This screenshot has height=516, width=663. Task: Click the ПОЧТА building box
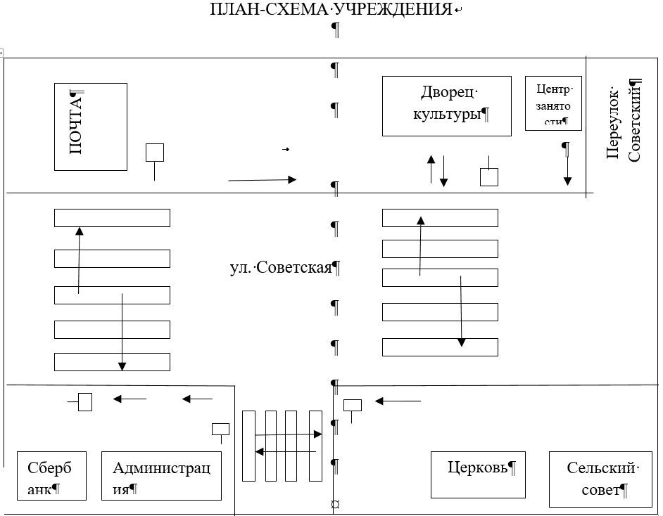(x=91, y=127)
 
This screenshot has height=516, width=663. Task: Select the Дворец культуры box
(x=446, y=106)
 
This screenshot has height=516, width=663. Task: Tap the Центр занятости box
(x=553, y=103)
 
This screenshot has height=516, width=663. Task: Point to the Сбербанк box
(x=51, y=476)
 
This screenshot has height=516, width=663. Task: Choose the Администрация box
(x=161, y=476)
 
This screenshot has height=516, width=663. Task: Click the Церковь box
(x=478, y=475)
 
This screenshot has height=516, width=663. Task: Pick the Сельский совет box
(x=600, y=479)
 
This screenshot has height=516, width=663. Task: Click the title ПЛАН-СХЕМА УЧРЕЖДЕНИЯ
(x=331, y=9)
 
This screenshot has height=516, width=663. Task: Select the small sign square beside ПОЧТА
(x=155, y=153)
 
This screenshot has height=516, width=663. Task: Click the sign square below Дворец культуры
(x=488, y=177)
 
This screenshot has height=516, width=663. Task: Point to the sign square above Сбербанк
(x=85, y=402)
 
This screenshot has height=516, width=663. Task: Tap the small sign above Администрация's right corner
(x=220, y=429)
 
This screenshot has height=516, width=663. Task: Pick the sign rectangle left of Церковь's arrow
(x=352, y=406)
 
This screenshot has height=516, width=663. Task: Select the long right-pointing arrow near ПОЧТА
(x=262, y=180)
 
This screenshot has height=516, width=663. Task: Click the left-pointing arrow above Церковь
(x=398, y=401)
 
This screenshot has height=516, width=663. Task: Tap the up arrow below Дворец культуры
(x=431, y=169)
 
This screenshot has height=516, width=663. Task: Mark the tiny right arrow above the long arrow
(x=286, y=149)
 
